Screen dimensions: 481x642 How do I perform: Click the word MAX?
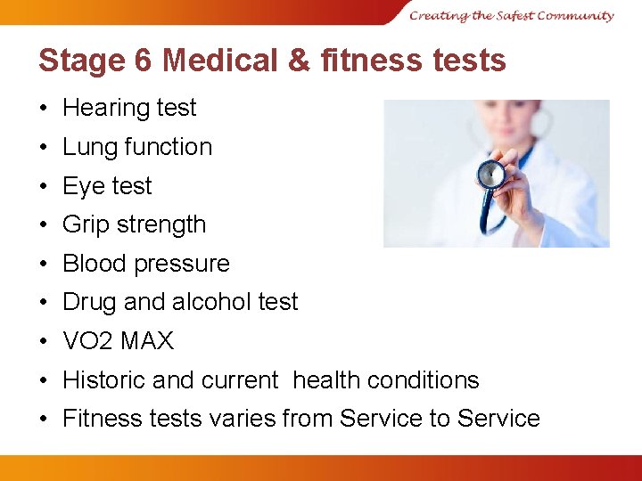[148, 341]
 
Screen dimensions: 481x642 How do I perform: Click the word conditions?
[421, 380]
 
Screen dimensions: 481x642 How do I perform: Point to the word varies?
[243, 419]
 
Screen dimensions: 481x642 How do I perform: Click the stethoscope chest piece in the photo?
[490, 174]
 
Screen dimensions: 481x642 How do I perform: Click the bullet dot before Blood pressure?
[44, 265]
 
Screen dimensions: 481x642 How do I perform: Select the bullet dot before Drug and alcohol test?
[44, 303]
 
